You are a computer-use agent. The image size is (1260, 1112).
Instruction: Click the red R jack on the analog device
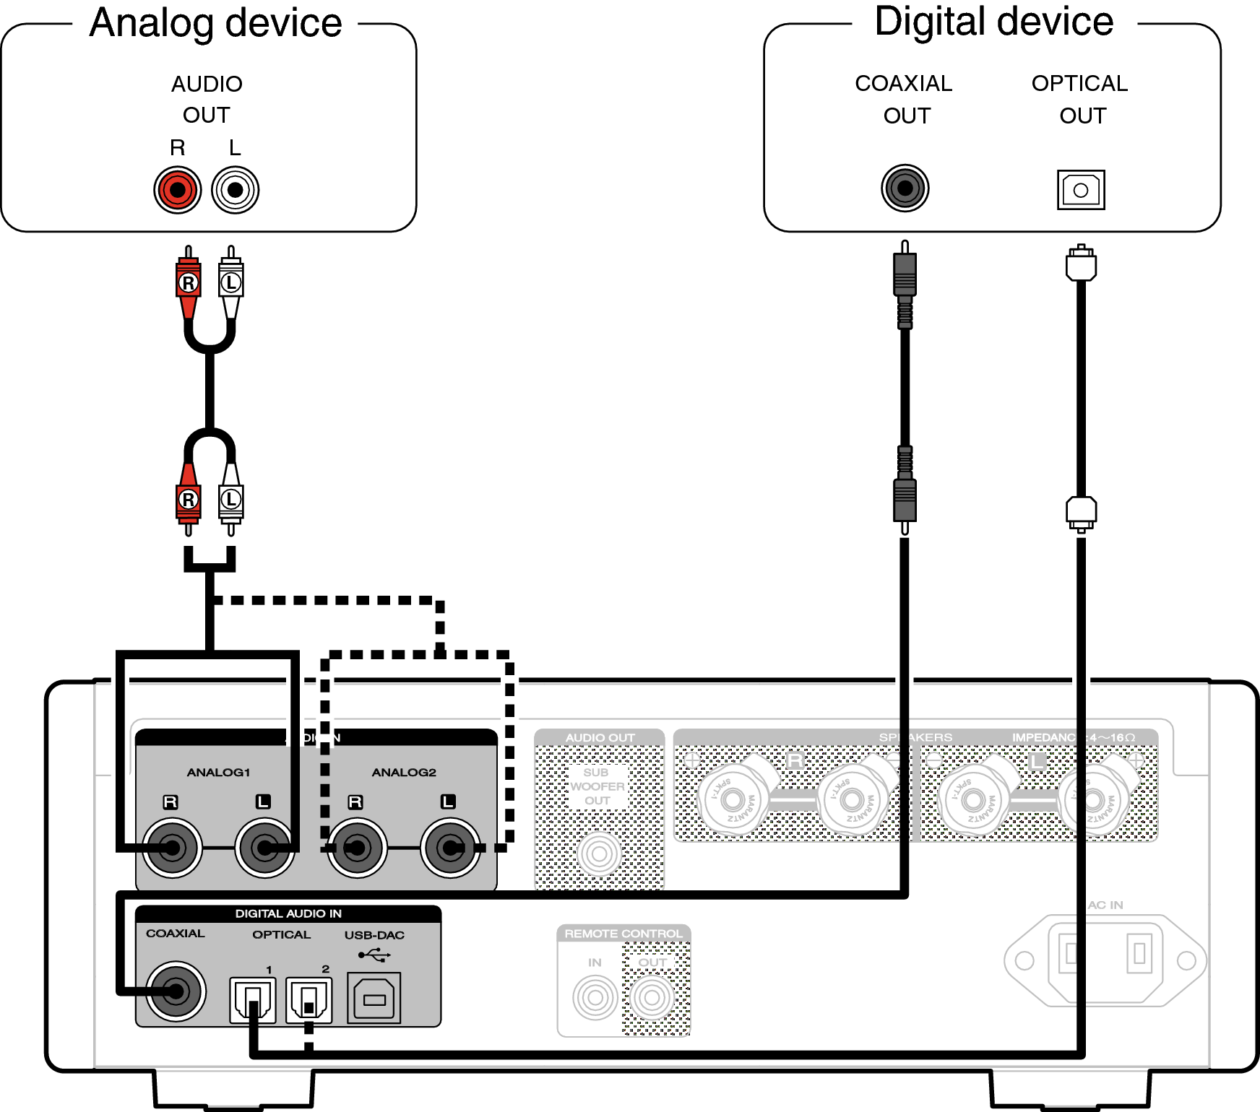pyautogui.click(x=177, y=190)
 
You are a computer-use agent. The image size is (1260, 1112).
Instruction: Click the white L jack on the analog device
pyautogui.click(x=235, y=190)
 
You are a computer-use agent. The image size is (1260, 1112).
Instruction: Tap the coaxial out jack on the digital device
pyautogui.click(x=905, y=188)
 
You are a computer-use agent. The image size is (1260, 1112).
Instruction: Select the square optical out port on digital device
pyautogui.click(x=1081, y=190)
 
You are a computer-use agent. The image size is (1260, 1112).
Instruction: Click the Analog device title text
pyautogui.click(x=215, y=22)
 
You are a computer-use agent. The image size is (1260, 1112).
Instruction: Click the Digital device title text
pyautogui.click(x=993, y=21)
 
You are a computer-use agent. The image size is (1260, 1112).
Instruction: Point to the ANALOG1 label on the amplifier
pyautogui.click(x=218, y=772)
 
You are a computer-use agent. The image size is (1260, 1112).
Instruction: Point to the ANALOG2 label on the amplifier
pyautogui.click(x=404, y=772)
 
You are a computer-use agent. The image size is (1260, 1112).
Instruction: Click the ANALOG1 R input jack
pyautogui.click(x=172, y=848)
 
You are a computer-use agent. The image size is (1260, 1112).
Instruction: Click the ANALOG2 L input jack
pyautogui.click(x=450, y=848)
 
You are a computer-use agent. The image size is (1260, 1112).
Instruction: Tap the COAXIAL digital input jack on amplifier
pyautogui.click(x=176, y=991)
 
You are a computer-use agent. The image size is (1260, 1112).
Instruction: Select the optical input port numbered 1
pyautogui.click(x=252, y=1000)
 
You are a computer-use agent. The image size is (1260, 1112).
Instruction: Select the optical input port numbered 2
pyautogui.click(x=308, y=1000)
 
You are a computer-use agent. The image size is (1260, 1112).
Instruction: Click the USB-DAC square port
pyautogui.click(x=374, y=999)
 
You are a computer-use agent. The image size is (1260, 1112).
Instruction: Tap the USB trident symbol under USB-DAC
pyautogui.click(x=374, y=955)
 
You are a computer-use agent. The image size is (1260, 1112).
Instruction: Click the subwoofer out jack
pyautogui.click(x=599, y=854)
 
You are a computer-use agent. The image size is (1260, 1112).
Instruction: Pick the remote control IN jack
pyautogui.click(x=595, y=997)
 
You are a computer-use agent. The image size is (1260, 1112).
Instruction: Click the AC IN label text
pyautogui.click(x=1105, y=905)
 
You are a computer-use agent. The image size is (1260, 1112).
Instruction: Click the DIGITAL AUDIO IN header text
pyautogui.click(x=288, y=913)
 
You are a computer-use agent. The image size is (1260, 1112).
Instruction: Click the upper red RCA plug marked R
pyautogui.click(x=189, y=283)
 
